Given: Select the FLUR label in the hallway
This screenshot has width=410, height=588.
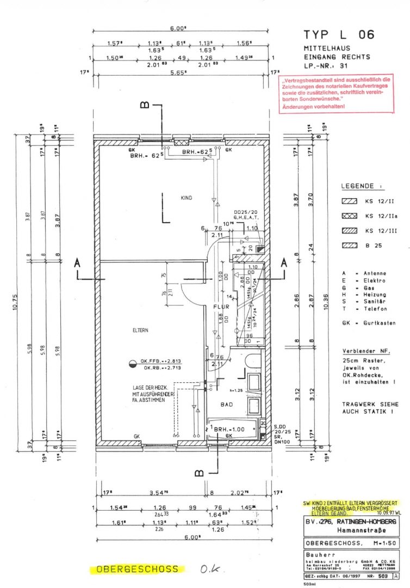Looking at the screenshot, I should (x=220, y=307).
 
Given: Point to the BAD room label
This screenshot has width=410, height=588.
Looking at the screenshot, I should (x=227, y=405).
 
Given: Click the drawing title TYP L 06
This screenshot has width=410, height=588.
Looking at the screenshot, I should (x=339, y=35).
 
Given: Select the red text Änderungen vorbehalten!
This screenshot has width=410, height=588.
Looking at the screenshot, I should (x=313, y=107).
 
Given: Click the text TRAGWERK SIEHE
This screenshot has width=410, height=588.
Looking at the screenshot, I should (x=370, y=405).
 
